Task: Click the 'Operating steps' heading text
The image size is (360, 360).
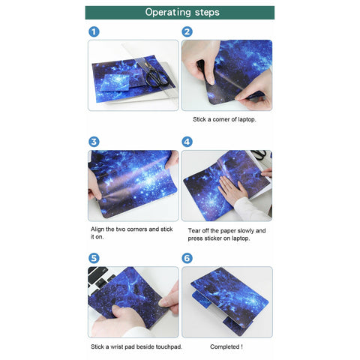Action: (182, 12)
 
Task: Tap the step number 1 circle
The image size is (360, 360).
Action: (94, 32)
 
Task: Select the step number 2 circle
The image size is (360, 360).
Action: (187, 32)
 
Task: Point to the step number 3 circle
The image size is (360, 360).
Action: (94, 142)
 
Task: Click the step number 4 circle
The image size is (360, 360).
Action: (187, 142)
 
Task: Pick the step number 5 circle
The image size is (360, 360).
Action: (94, 258)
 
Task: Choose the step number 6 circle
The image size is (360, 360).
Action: (187, 258)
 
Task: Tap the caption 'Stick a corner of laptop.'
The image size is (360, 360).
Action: (224, 119)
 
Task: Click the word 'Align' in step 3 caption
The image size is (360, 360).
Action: (97, 229)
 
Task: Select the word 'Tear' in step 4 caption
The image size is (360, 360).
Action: (193, 230)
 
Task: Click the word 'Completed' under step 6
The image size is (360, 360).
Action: (224, 347)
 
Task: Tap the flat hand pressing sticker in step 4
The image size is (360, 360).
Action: (231, 190)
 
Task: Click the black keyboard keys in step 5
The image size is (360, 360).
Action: (100, 277)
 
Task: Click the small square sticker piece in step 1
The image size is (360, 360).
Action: (115, 82)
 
